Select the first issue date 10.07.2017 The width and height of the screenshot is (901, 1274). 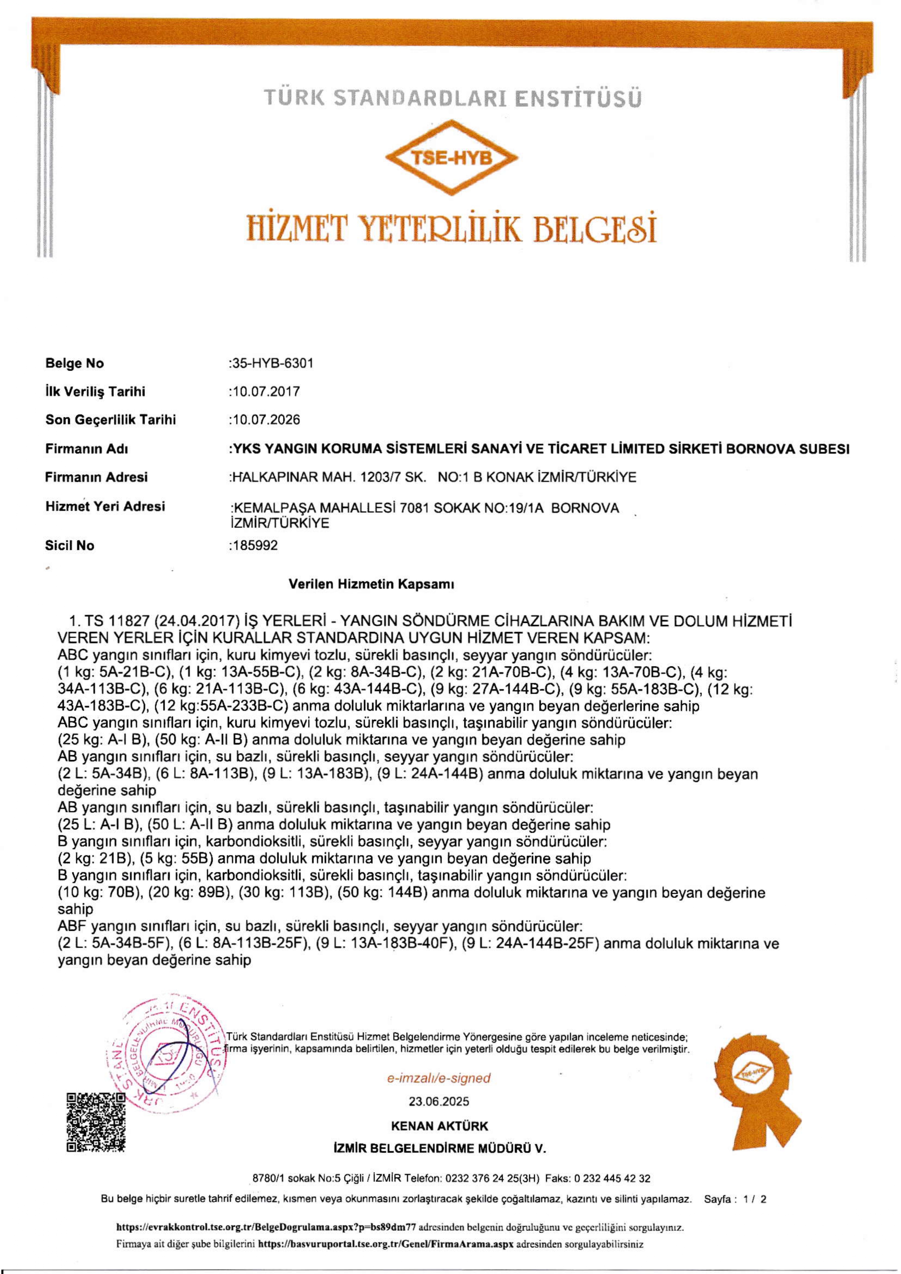click(265, 392)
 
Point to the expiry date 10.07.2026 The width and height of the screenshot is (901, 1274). click(265, 419)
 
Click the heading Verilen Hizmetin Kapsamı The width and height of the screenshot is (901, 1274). click(371, 584)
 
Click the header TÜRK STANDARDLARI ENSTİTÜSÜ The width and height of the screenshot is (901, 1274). click(452, 98)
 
